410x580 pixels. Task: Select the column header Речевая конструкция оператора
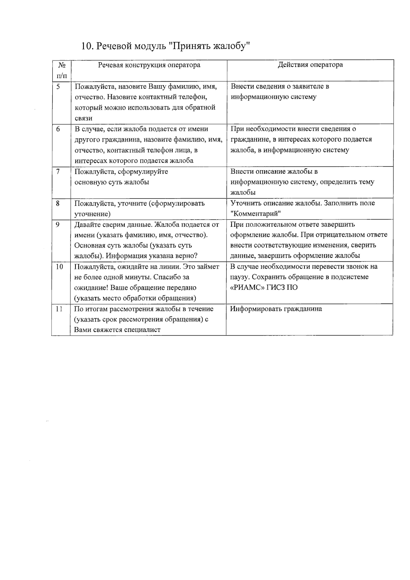coord(149,65)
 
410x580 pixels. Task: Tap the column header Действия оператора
coord(310,65)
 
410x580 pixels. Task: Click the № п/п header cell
coord(61,70)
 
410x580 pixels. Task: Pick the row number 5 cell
coord(58,86)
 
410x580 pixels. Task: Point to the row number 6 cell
coord(58,129)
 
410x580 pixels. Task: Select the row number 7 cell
coord(58,171)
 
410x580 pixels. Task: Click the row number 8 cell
coord(58,203)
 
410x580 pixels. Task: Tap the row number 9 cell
coord(58,225)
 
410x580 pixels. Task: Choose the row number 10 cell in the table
coord(59,267)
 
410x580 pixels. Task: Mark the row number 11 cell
coord(59,309)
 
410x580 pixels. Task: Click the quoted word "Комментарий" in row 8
coord(256,214)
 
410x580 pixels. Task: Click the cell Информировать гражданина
coord(276,309)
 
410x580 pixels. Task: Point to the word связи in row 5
coord(83,118)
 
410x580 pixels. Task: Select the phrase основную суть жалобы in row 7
coord(112,182)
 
